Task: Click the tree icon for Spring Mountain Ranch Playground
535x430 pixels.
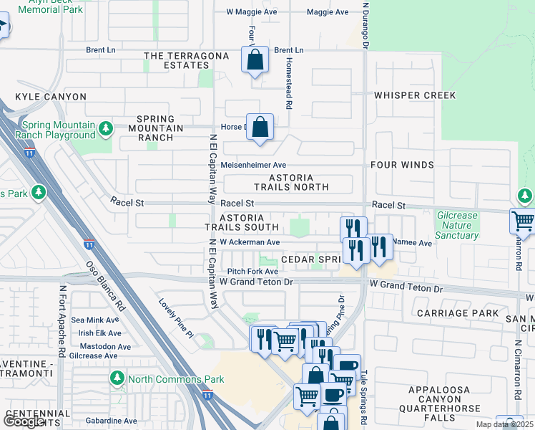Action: [106, 128]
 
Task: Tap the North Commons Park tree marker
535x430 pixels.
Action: [117, 377]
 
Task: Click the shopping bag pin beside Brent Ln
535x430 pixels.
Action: [255, 60]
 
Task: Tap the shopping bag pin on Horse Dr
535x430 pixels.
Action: [261, 128]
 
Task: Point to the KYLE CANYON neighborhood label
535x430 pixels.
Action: [50, 97]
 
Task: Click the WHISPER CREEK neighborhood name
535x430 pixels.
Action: [413, 95]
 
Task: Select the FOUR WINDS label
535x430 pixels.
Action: [402, 165]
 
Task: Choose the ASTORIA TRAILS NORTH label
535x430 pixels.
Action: [298, 182]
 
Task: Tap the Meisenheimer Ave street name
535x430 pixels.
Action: [253, 165]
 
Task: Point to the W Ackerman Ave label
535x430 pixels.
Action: [250, 242]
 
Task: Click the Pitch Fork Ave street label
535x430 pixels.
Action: [252, 272]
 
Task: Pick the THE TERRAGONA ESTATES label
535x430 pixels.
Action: [186, 60]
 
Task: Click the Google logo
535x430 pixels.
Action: [23, 421]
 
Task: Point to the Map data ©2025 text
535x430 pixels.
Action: [505, 424]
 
